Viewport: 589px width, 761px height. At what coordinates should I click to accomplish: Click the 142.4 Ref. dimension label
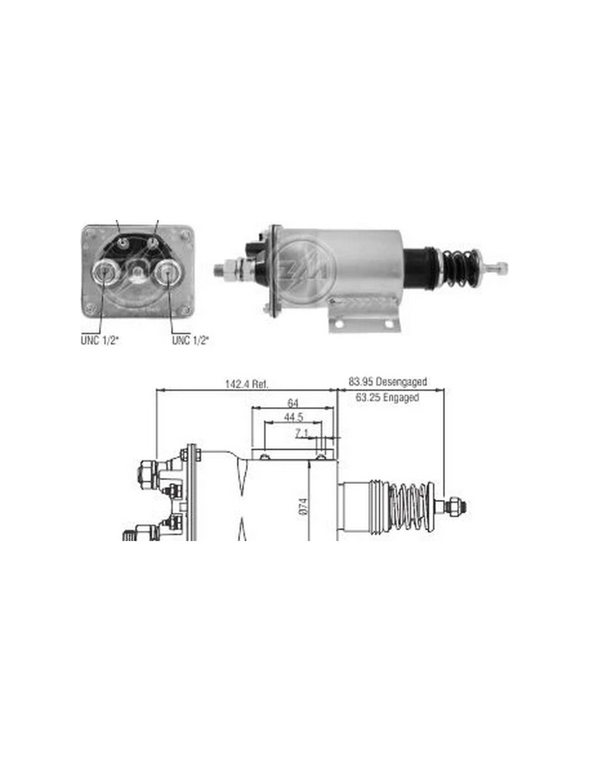(246, 384)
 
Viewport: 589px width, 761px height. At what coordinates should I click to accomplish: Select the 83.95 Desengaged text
(388, 381)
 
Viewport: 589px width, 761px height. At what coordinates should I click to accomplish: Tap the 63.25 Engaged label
(387, 398)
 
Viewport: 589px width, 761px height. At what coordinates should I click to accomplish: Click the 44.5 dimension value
(293, 417)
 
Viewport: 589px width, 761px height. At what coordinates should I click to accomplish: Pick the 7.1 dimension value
(301, 433)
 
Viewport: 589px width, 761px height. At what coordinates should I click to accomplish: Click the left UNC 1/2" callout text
(100, 340)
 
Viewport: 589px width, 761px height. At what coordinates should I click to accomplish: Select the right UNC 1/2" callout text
(190, 340)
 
